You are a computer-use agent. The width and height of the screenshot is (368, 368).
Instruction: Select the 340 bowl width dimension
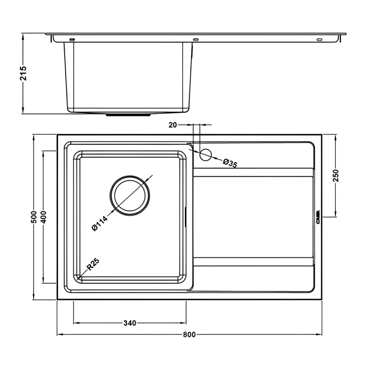point(129,323)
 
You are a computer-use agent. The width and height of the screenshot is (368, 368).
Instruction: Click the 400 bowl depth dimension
point(43,216)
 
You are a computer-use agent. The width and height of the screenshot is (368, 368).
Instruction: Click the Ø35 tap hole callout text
point(230,164)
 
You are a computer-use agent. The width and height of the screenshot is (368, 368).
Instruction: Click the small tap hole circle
point(206,155)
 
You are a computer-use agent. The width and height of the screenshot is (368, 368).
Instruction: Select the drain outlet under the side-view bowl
point(129,115)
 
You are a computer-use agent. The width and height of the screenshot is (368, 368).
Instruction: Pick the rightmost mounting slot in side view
point(319,40)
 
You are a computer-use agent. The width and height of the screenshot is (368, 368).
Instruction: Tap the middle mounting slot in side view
point(195,40)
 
